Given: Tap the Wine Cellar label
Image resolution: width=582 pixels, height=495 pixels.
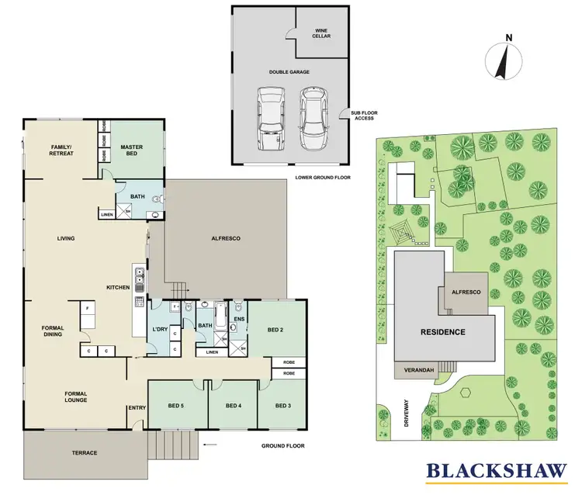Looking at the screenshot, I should click(321, 33).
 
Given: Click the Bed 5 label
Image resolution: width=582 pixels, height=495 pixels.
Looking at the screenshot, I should click(176, 405).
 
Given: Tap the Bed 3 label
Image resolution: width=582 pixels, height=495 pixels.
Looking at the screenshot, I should click(282, 405).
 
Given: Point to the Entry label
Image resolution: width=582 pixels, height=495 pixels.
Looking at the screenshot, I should click(137, 407).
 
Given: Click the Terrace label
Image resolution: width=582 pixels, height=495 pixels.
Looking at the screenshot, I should click(85, 452).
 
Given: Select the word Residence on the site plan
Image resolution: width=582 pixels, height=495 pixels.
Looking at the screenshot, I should click(443, 332).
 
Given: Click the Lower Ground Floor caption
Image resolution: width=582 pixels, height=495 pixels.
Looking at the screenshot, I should click(323, 178).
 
